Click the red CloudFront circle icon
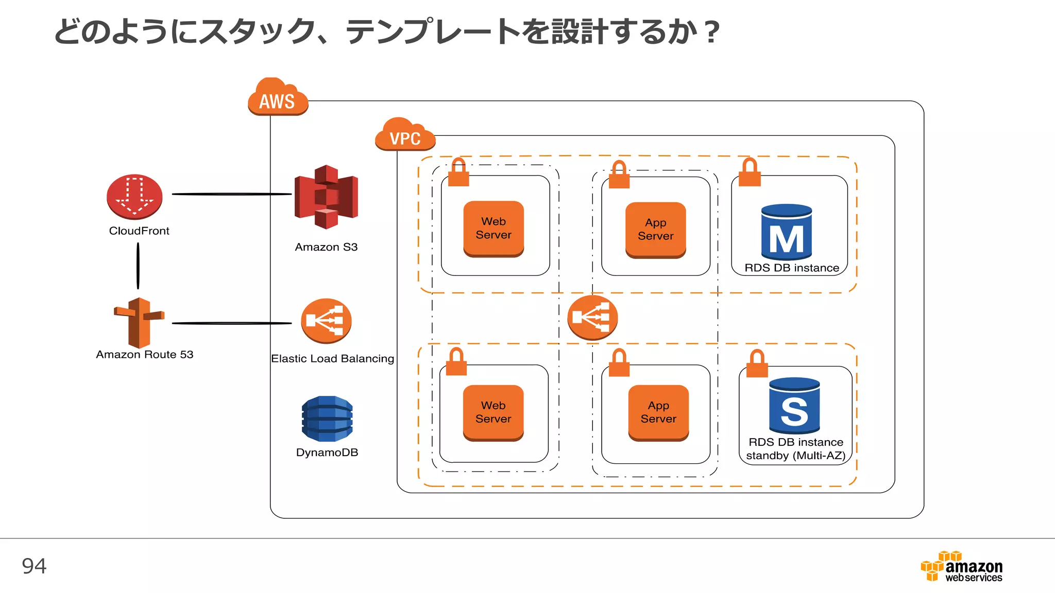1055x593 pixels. point(134,197)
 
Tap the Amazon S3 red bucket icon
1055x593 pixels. point(326,197)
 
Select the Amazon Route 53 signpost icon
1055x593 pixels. point(139,323)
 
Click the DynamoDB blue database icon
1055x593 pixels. point(327,418)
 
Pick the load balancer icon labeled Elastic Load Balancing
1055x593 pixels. point(326,321)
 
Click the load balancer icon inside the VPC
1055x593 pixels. point(592,317)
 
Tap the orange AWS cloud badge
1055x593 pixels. point(278,97)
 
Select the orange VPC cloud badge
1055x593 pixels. point(405,135)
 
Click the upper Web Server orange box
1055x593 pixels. point(494,229)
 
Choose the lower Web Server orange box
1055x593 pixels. point(493,412)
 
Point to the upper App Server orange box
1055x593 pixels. point(655,230)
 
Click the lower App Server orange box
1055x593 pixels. point(658,412)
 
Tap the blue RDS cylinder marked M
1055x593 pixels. point(786,232)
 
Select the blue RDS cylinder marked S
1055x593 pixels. point(794,406)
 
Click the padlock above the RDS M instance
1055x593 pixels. point(750,173)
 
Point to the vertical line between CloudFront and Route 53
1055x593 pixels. point(138,266)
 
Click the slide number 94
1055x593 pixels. point(34,566)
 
